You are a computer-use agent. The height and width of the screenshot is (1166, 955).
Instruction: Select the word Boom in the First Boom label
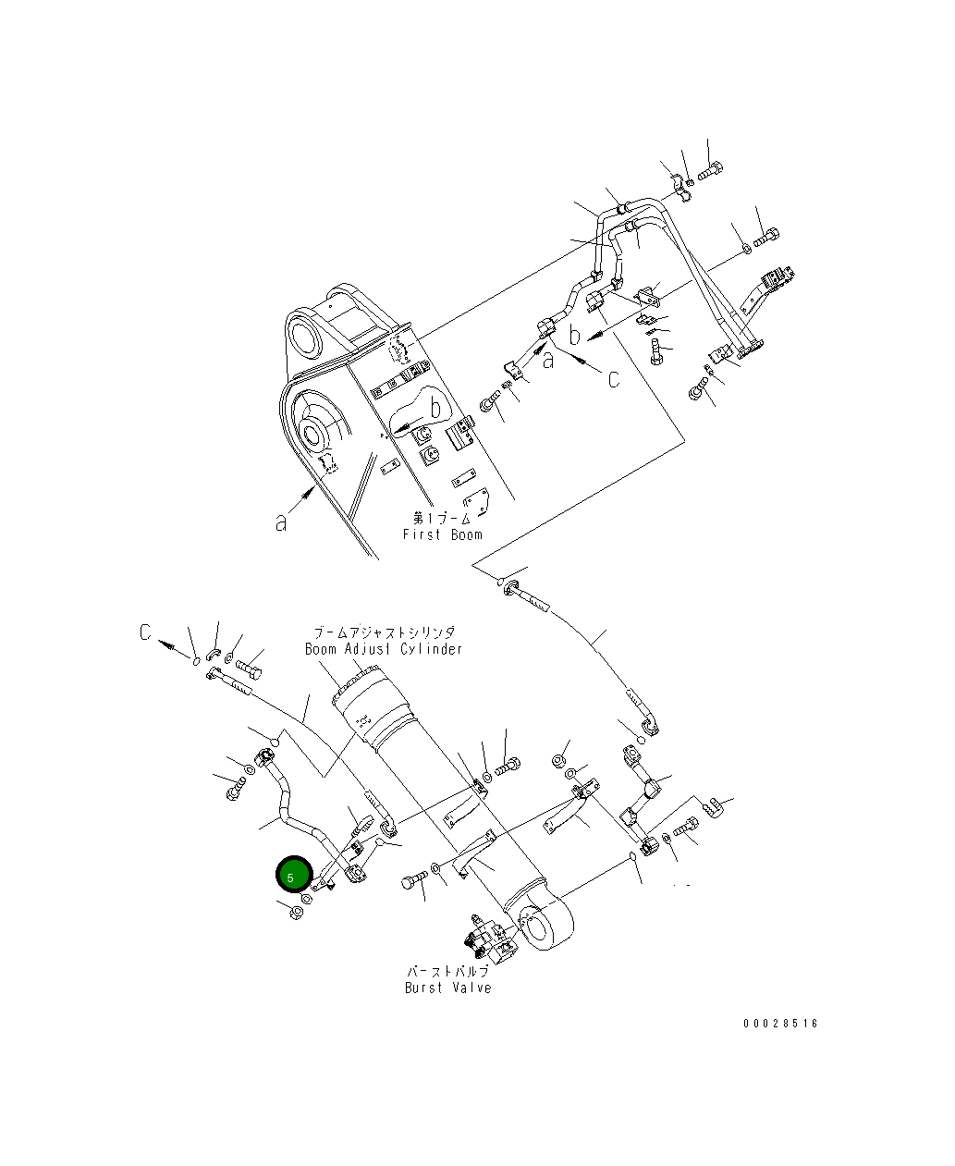tap(466, 534)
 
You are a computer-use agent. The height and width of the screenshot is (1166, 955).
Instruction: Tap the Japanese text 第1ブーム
tap(442, 518)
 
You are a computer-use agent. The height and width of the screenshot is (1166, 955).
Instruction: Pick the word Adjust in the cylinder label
tap(370, 649)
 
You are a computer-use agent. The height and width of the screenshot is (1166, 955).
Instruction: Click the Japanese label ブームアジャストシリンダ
tap(384, 632)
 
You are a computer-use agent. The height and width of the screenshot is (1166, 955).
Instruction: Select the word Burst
tap(426, 988)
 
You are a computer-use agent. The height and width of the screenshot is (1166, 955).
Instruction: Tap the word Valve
tap(471, 988)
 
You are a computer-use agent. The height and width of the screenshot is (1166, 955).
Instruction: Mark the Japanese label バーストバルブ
tap(447, 971)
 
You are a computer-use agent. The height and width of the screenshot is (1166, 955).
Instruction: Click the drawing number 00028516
tap(780, 1024)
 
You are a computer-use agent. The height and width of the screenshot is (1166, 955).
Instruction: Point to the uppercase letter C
tap(145, 632)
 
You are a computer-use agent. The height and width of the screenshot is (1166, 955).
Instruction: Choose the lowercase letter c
tap(614, 379)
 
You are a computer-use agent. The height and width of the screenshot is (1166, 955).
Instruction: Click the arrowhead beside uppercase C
tap(165, 644)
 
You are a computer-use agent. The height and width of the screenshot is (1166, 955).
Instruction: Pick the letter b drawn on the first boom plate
tap(435, 407)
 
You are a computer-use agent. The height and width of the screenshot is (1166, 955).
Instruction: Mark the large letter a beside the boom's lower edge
tap(281, 522)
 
